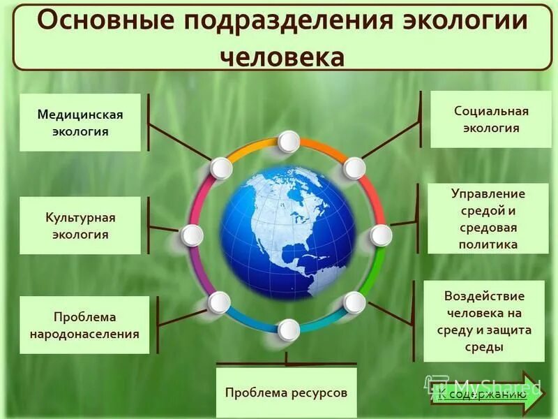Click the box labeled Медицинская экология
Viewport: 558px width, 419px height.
click(x=80, y=123)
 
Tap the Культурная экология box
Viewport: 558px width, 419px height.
click(x=80, y=226)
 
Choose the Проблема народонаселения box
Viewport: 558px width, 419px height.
click(x=84, y=325)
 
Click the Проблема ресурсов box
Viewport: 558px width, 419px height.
click(x=286, y=392)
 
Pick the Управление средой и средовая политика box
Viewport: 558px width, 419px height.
click(x=488, y=219)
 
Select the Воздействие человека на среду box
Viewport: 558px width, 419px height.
click(x=483, y=321)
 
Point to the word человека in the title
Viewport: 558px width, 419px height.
click(x=282, y=57)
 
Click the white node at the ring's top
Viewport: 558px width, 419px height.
click(x=288, y=142)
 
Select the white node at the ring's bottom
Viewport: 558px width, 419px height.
click(x=288, y=329)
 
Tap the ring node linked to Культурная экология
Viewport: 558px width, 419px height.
click(x=192, y=235)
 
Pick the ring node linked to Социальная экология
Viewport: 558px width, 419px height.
click(x=354, y=168)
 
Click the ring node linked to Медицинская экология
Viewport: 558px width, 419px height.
click(x=221, y=168)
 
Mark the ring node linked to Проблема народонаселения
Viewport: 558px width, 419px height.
click(x=219, y=302)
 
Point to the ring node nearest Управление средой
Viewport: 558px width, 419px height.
click(x=381, y=235)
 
